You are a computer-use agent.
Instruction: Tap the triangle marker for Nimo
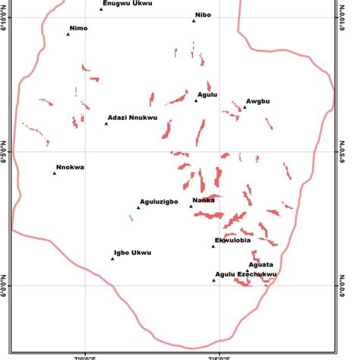pyautogui.click(x=68, y=35)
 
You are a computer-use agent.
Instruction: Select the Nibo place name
pyautogui.click(x=204, y=14)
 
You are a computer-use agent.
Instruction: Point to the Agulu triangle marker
pyautogui.click(x=195, y=100)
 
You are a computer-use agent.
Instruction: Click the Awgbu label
pyautogui.click(x=258, y=99)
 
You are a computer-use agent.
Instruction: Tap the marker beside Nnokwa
pyautogui.click(x=55, y=173)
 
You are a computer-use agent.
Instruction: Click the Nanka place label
pyautogui.click(x=204, y=201)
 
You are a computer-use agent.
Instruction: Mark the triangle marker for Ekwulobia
pyautogui.click(x=213, y=246)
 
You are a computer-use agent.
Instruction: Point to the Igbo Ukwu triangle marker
pyautogui.click(x=112, y=259)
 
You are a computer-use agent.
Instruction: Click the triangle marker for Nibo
pyautogui.click(x=194, y=21)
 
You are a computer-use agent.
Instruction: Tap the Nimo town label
pyautogui.click(x=78, y=28)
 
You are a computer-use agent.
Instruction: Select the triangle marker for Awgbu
pyautogui.click(x=244, y=107)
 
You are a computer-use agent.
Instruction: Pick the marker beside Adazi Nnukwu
pyautogui.click(x=106, y=124)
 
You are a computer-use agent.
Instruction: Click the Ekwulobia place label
pyautogui.click(x=232, y=240)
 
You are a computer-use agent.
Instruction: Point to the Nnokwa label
pyautogui.click(x=70, y=167)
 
